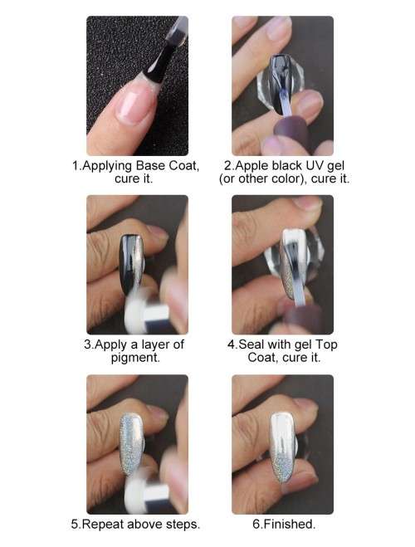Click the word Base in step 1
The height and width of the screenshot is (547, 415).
pyautogui.click(x=151, y=165)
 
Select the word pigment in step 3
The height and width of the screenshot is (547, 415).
pyautogui.click(x=135, y=358)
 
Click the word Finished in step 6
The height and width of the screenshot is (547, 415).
pyautogui.click(x=288, y=524)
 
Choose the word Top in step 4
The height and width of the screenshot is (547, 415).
pyautogui.click(x=326, y=345)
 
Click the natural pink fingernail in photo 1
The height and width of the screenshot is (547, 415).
pyautogui.click(x=135, y=104)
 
